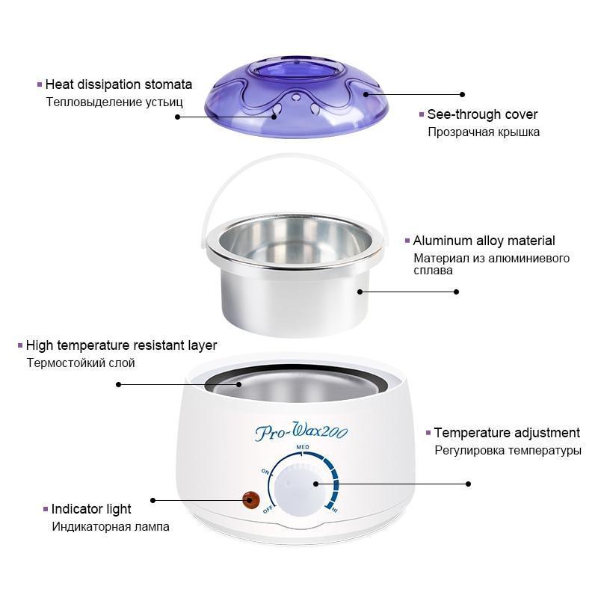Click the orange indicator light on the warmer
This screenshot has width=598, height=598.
[x=250, y=500]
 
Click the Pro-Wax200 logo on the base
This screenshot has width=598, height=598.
[x=301, y=431]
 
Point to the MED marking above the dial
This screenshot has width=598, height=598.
[x=303, y=446]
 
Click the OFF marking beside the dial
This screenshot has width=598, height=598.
[x=268, y=510]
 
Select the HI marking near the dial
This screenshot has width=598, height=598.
[x=334, y=510]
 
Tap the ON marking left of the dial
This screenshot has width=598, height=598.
[x=265, y=472]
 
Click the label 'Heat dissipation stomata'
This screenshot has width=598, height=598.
[x=119, y=84]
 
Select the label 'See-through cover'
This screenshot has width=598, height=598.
[x=482, y=114]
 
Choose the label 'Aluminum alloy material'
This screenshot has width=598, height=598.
[x=484, y=241]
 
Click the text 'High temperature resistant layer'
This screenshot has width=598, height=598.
[x=121, y=345]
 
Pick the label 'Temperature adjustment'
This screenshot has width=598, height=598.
[x=507, y=433]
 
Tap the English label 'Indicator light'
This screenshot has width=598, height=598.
[x=91, y=509]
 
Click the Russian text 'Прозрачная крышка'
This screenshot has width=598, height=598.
[x=484, y=132]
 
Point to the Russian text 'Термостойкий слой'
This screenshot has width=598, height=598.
[x=81, y=363]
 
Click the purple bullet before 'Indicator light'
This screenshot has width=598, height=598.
[x=46, y=509]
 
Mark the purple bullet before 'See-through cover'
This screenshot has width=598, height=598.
[x=422, y=114]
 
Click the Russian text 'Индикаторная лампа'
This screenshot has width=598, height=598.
[x=111, y=527]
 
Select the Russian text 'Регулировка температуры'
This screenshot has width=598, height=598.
[x=508, y=451]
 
